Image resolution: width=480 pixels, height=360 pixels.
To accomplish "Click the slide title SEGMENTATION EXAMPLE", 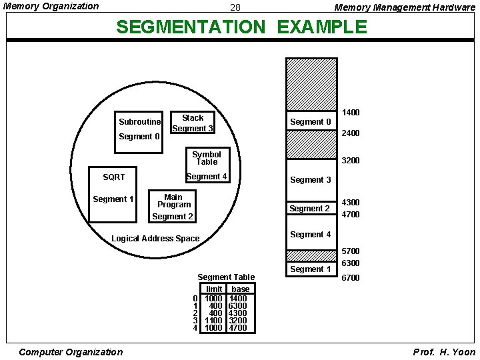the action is [241, 27].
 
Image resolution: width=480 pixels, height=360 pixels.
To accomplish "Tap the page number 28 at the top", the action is [235, 8].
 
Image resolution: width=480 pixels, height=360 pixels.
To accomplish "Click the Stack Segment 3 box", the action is [192, 123].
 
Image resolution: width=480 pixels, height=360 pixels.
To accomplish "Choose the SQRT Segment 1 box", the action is [112, 193].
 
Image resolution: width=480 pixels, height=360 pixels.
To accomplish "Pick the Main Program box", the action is [173, 205].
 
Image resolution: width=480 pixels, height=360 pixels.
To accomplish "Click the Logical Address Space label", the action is [155, 239].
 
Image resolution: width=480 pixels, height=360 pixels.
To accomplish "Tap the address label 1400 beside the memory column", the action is [351, 113].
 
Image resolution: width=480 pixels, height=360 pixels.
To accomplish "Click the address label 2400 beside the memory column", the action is [351, 133].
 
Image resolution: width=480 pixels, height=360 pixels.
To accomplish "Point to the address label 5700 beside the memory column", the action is [351, 251].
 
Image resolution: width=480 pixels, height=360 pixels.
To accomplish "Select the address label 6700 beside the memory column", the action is [351, 278].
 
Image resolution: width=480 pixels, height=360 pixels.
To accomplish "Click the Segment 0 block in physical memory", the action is [311, 121].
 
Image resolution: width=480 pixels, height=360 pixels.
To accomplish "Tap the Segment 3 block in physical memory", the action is [311, 180].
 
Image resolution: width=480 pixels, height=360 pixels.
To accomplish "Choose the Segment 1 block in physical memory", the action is [311, 269].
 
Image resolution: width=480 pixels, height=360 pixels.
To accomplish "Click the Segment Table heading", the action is [226, 277].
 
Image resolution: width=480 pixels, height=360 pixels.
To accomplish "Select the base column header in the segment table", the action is [240, 289].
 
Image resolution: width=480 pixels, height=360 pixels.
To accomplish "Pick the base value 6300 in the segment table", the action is [238, 305].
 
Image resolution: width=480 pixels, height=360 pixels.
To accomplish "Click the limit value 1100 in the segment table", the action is [213, 320].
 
